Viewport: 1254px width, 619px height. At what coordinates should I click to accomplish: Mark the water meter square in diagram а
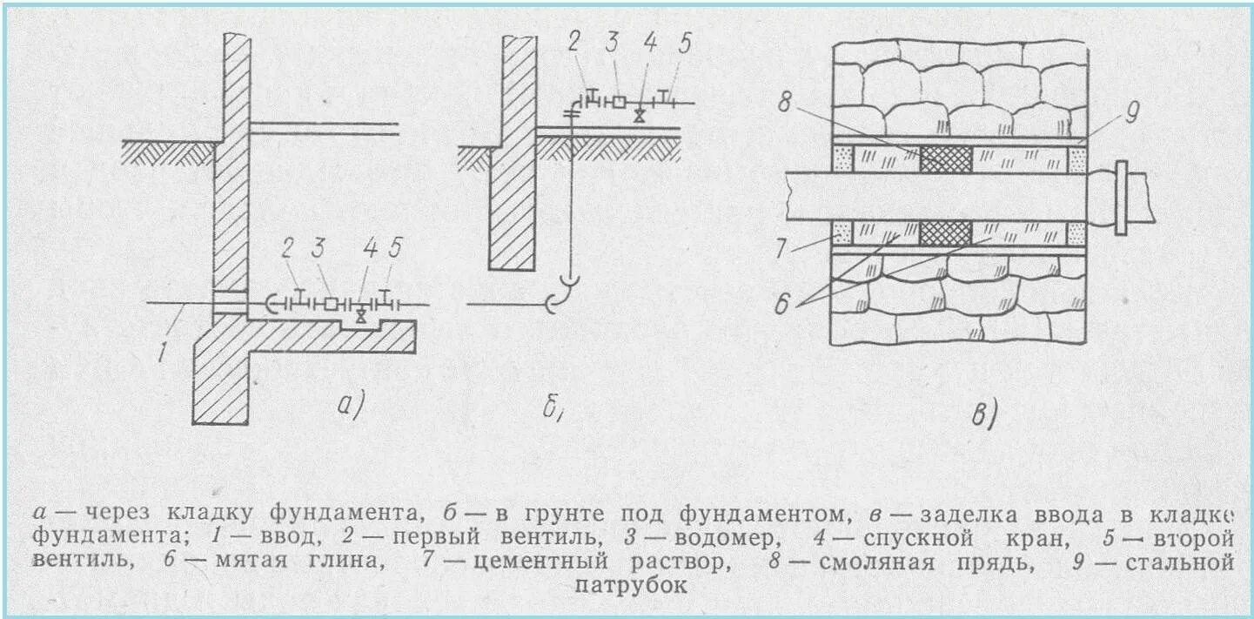(x=332, y=305)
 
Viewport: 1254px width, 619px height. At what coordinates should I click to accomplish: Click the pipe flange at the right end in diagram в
(x=1122, y=197)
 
